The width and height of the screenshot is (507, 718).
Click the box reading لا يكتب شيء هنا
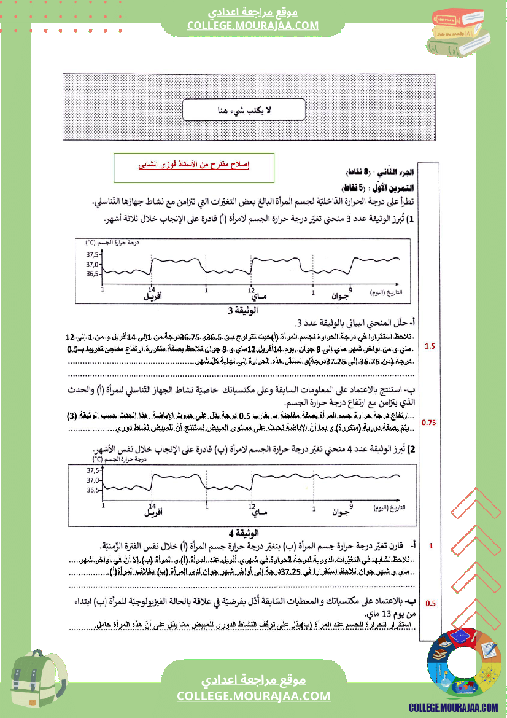pyautogui.click(x=245, y=111)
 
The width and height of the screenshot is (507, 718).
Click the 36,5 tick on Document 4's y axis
pyautogui.click(x=93, y=490)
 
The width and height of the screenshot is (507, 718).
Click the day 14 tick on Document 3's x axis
pyautogui.click(x=152, y=289)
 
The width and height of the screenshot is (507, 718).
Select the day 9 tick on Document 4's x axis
pyautogui.click(x=350, y=502)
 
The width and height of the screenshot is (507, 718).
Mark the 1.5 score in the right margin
pyautogui.click(x=430, y=346)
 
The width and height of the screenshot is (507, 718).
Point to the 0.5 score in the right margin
pyautogui.click(x=430, y=604)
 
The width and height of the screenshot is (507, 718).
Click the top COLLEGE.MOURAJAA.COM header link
pyautogui.click(x=253, y=25)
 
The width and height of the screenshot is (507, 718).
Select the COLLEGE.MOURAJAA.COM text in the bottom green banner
pyautogui.click(x=253, y=696)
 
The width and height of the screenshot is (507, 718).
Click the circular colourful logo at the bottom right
pyautogui.click(x=462, y=663)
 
